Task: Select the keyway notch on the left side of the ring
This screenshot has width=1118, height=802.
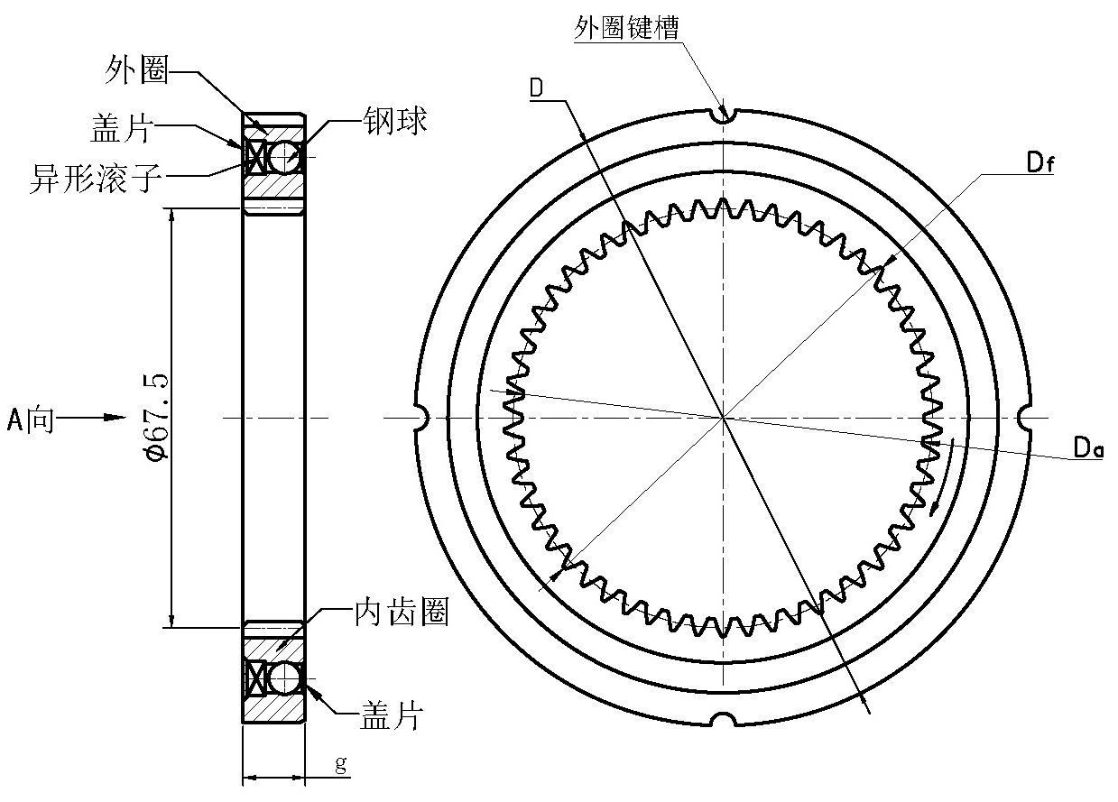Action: (418, 418)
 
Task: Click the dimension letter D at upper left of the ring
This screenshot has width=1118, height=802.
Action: (536, 88)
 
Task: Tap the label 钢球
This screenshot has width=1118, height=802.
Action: (394, 122)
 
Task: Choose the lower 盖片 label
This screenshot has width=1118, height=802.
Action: (392, 717)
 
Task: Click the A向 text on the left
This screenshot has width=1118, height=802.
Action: (31, 419)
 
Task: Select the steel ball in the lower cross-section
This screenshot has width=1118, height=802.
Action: (285, 678)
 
